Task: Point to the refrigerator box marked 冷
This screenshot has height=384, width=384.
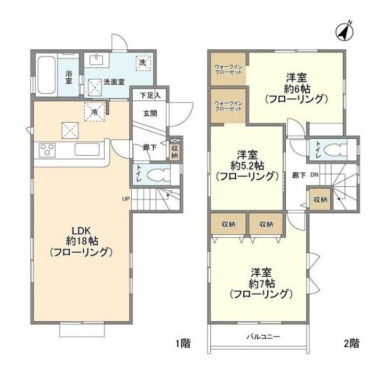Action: (94, 111)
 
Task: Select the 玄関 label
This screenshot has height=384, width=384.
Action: (148, 113)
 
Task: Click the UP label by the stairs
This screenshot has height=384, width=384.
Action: (126, 199)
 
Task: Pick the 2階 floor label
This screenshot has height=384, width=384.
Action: (351, 343)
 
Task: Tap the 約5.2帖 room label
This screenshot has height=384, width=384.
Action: (246, 165)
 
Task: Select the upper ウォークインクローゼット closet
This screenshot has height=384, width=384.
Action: (228, 68)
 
